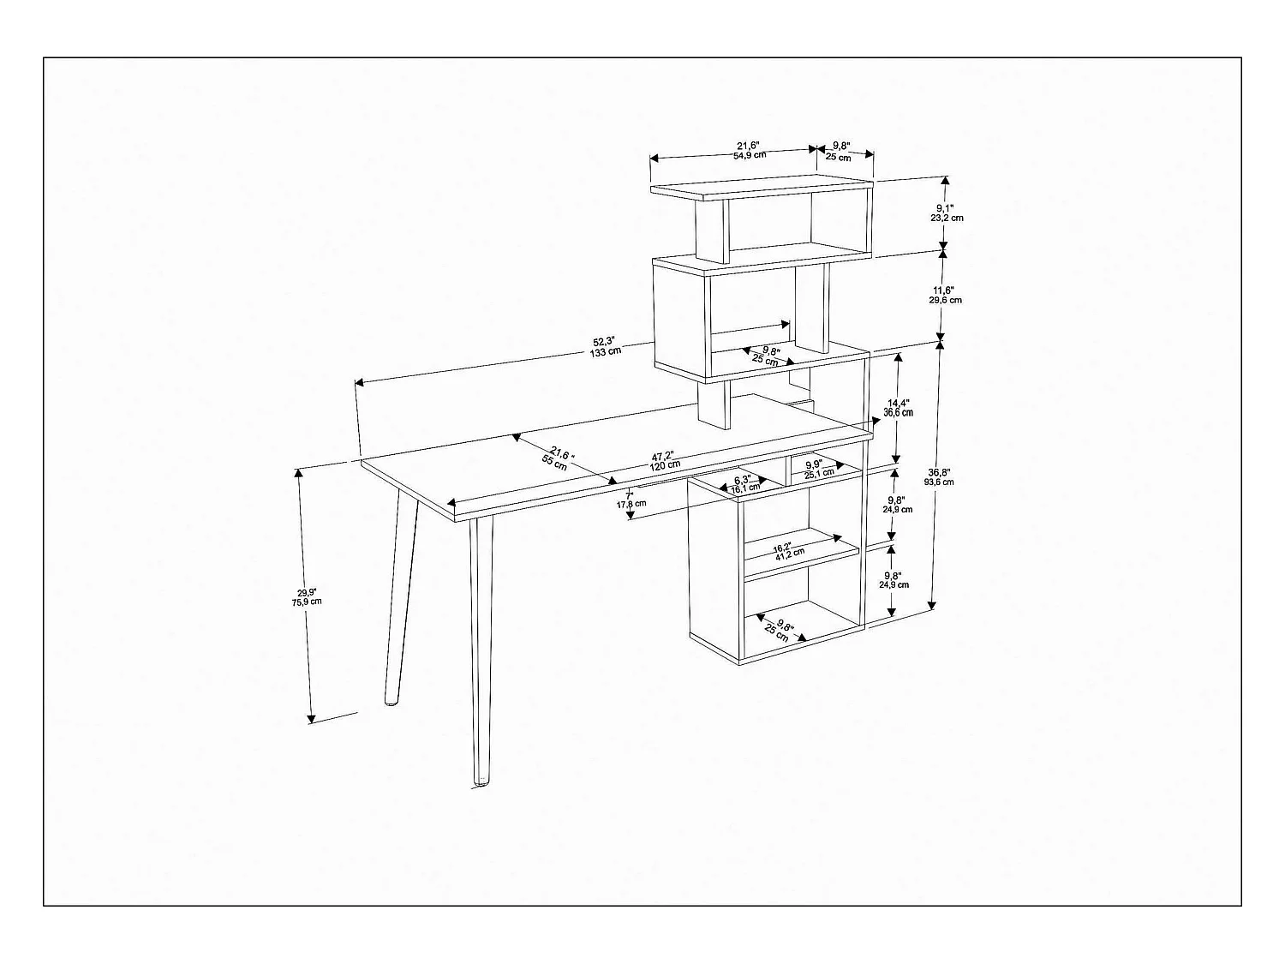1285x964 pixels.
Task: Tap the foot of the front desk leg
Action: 481,781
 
